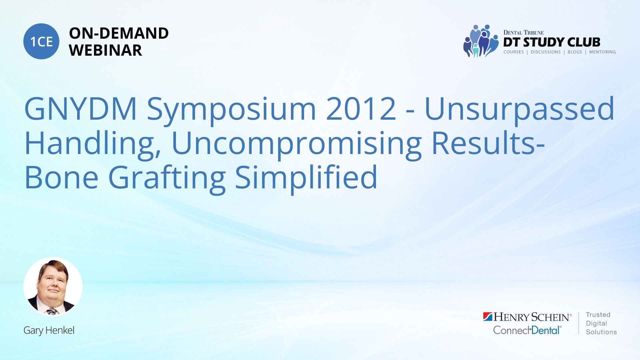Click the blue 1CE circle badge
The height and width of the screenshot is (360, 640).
click(41, 41)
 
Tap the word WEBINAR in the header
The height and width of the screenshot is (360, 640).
click(105, 50)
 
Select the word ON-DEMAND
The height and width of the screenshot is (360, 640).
click(119, 33)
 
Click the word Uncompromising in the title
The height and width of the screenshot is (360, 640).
click(297, 143)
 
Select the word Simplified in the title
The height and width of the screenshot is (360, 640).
click(306, 177)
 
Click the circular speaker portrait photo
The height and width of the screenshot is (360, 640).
click(53, 287)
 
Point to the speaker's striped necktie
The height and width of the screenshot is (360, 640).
click(52, 311)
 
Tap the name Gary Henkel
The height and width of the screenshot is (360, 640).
click(49, 330)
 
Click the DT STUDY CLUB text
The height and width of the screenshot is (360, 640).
click(552, 42)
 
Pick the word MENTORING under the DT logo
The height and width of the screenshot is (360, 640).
click(602, 52)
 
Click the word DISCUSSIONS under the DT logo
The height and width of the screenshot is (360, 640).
click(546, 52)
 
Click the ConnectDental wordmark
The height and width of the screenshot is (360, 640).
click(527, 330)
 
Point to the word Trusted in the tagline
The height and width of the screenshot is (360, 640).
click(598, 315)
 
